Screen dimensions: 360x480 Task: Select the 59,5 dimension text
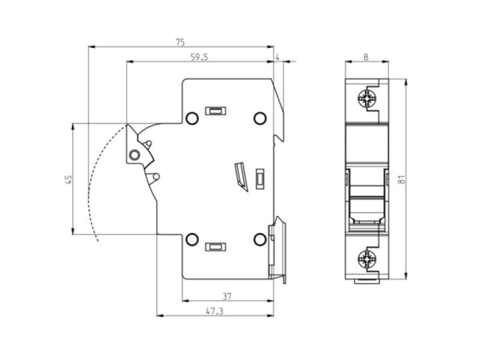coord(201,58)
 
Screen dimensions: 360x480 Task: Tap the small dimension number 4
coord(277,58)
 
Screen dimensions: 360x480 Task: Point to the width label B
coord(365,58)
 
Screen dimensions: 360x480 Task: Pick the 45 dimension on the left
coord(67,180)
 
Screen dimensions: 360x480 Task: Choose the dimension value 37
coord(227,295)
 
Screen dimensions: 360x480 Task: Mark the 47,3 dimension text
coord(214,310)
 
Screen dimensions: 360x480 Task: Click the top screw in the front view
coord(366,102)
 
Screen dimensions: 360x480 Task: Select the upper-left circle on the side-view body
coord(192,119)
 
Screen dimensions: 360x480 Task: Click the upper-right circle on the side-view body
coord(259,119)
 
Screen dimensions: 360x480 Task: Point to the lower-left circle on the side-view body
coord(192,239)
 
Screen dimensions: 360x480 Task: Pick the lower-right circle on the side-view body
coord(259,239)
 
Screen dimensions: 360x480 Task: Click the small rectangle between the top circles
coord(215,110)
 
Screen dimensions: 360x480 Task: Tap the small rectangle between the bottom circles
coord(215,248)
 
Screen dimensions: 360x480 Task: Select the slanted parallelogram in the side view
coord(239,174)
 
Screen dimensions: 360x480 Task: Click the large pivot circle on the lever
coord(134,154)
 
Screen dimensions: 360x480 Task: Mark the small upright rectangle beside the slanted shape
coord(260,178)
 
